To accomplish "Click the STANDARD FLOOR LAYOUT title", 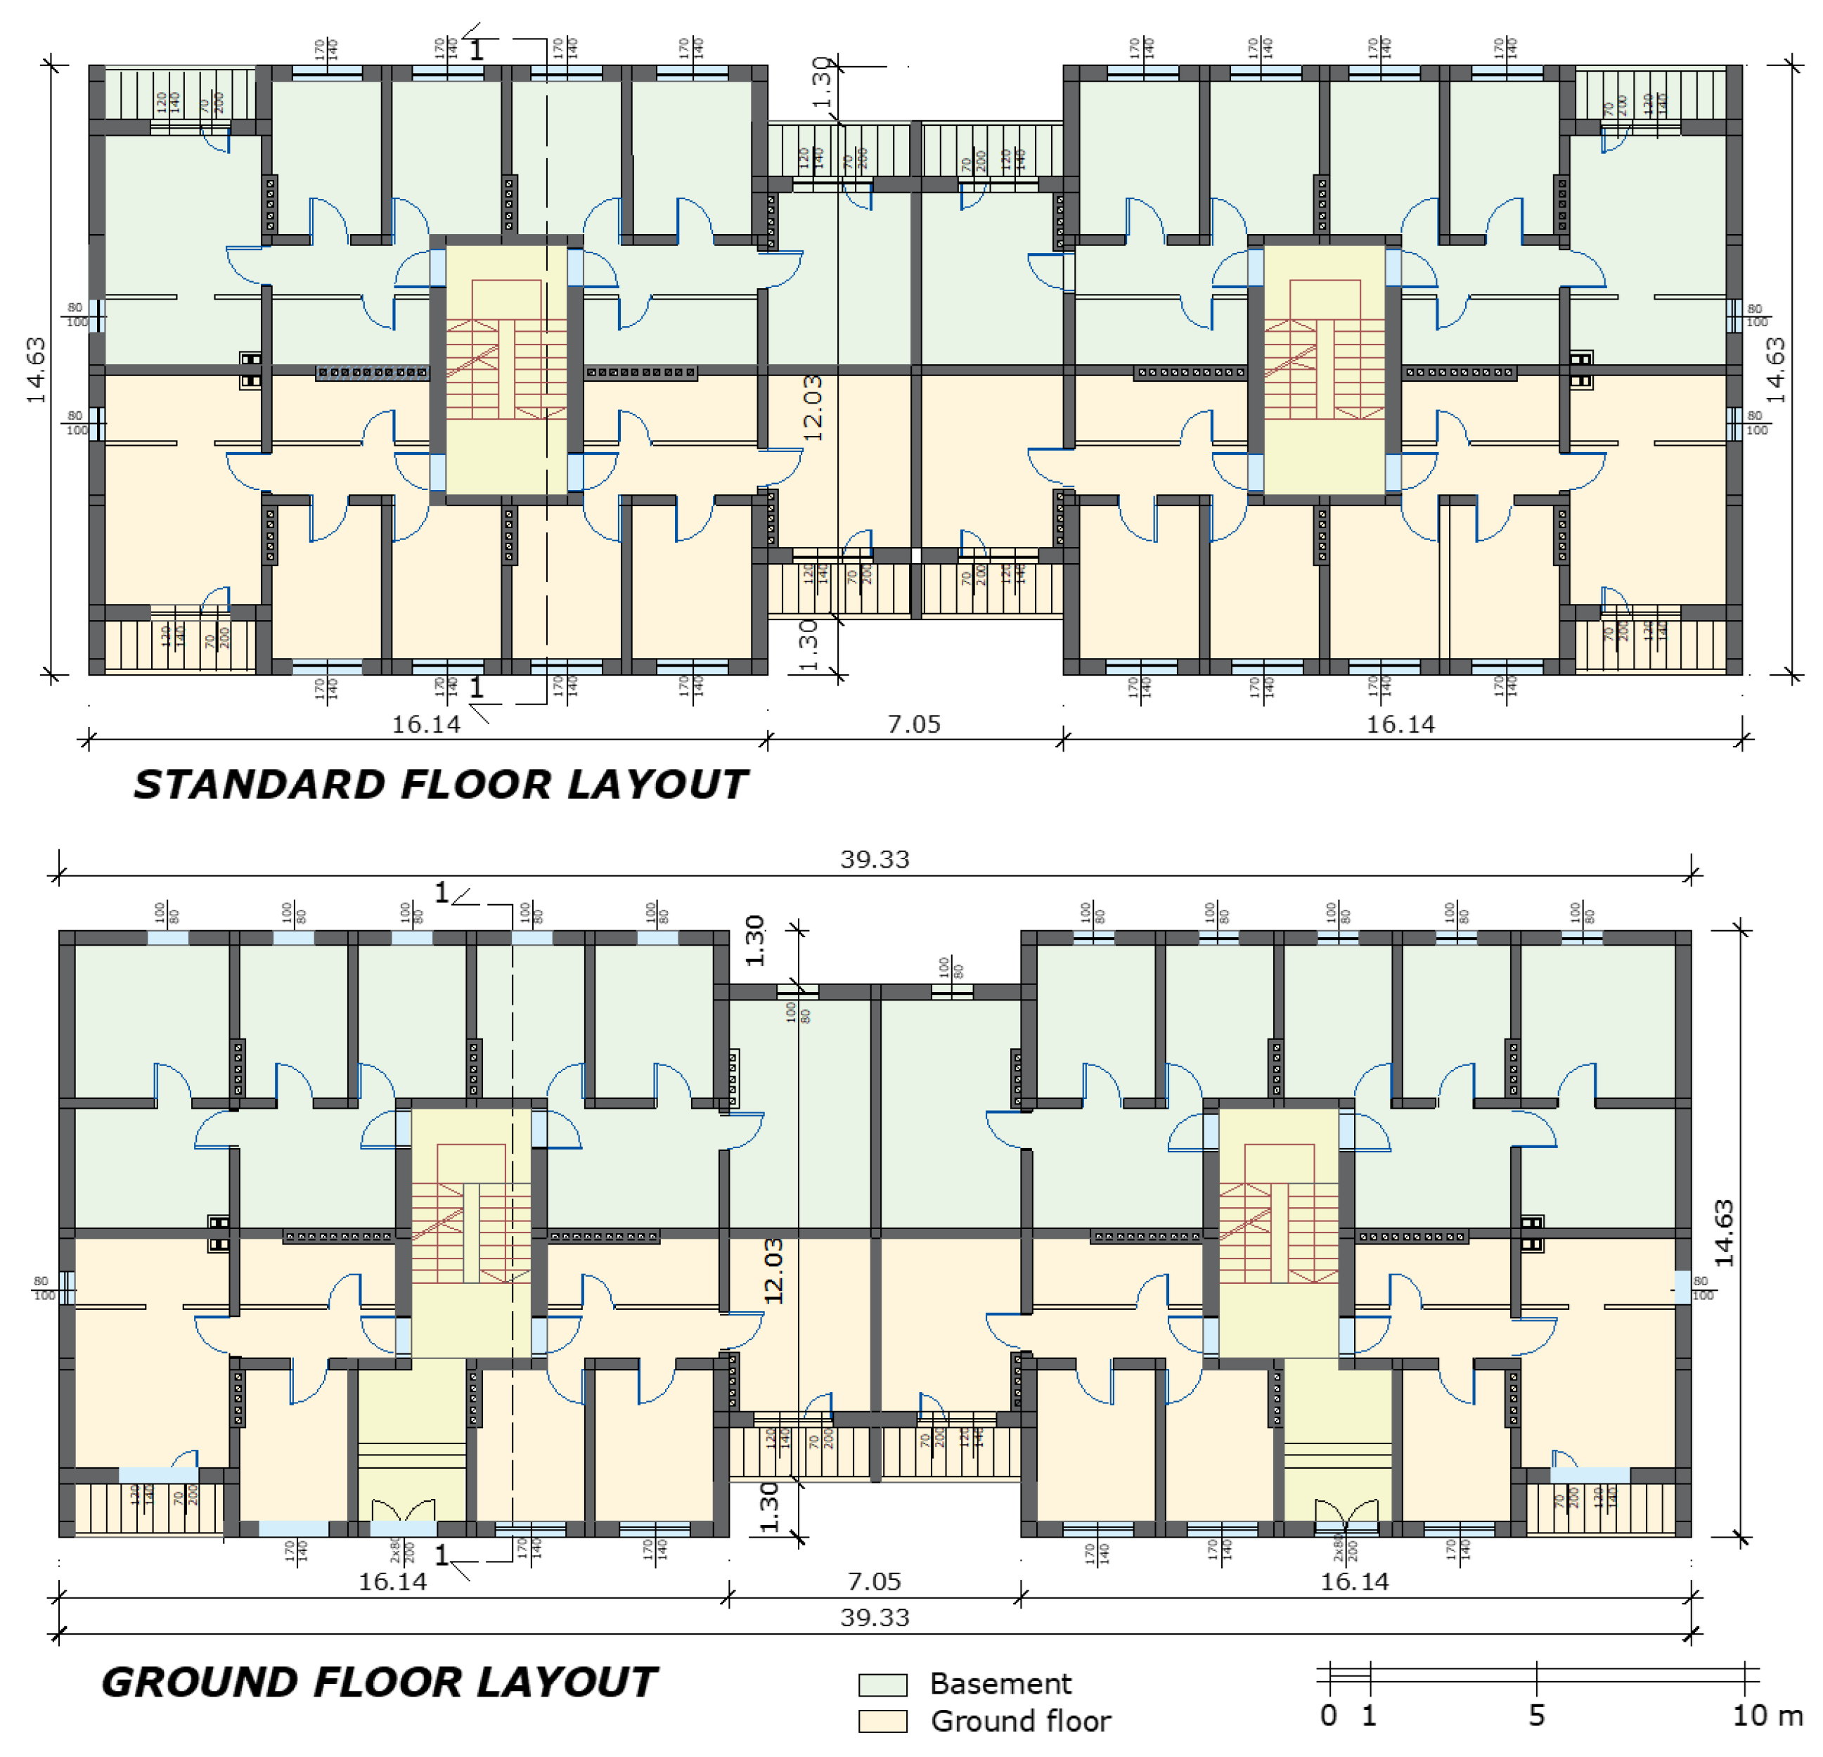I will [x=440, y=784].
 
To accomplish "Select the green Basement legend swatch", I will [x=882, y=1685].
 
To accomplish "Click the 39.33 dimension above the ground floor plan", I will [x=875, y=859].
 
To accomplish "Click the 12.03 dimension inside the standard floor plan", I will [x=812, y=406].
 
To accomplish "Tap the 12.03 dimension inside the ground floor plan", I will [x=773, y=1270].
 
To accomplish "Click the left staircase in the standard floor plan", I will [x=506, y=369].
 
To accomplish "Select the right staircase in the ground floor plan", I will [x=1278, y=1233].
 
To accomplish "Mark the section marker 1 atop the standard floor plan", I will [x=476, y=50].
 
